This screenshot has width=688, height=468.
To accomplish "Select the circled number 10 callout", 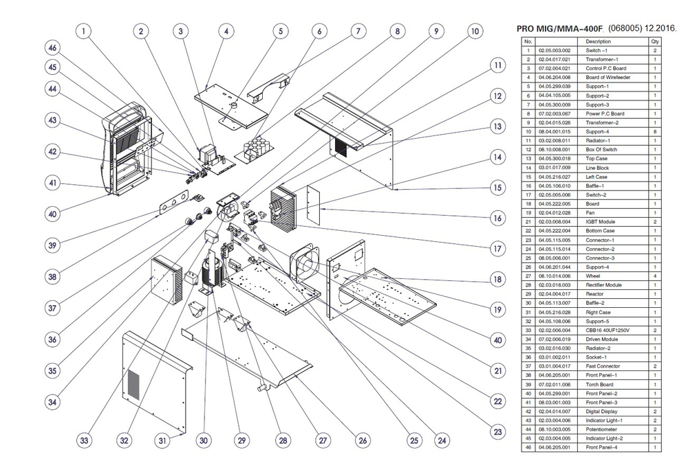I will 475,31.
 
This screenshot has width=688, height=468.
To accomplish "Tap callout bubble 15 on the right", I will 497,187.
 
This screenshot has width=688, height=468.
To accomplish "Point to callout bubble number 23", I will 497,431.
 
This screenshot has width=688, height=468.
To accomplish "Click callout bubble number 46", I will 52,48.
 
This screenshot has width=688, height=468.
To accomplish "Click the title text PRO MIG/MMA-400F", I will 559,30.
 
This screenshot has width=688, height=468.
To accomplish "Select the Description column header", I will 598,42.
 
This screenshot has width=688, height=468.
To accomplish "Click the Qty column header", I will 654,42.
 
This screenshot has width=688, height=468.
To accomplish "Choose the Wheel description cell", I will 598,276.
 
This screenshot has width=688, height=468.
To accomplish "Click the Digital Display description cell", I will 598,411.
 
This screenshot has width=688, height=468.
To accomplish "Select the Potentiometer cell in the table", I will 598,429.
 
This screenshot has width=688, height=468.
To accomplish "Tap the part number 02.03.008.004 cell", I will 555,222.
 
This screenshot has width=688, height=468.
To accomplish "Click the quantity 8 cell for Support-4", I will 654,132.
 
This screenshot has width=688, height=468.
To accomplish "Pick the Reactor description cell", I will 598,294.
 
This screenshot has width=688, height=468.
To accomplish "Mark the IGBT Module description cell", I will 598,222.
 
